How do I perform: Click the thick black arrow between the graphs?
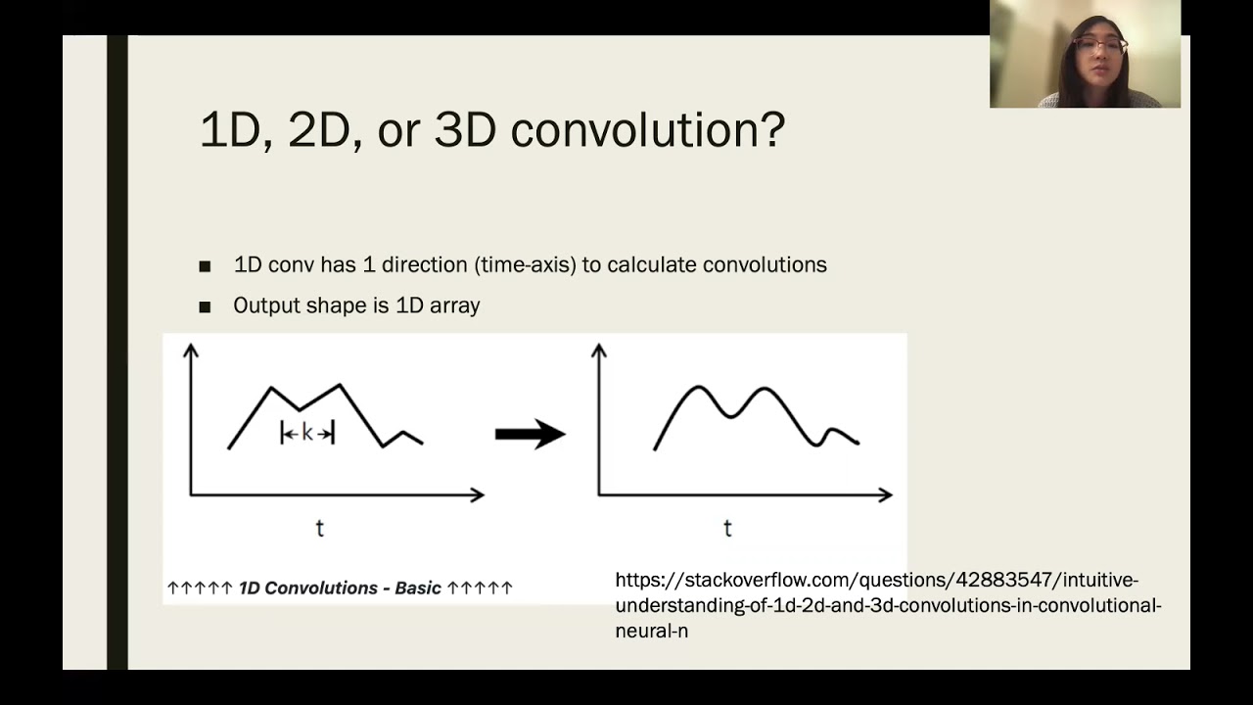tap(530, 434)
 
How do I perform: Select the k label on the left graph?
tap(307, 433)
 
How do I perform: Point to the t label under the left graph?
tap(319, 528)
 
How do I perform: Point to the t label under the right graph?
tap(727, 528)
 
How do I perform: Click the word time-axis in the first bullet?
tap(527, 264)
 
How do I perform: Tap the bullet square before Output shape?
tap(205, 306)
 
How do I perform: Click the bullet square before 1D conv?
tap(205, 265)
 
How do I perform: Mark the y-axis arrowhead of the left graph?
tap(191, 349)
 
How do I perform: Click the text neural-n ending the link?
tap(651, 632)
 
